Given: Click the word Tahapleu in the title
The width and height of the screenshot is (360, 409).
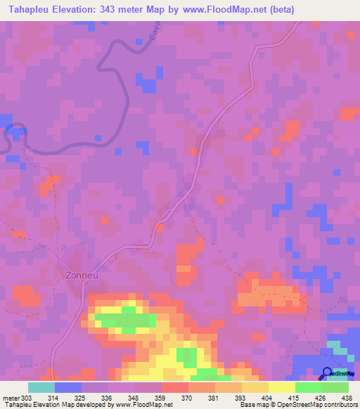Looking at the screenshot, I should pos(30,10).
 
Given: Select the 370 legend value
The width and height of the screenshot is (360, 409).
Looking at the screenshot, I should pos(188,398).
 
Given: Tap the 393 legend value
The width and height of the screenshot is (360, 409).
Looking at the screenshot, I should pos(241,398).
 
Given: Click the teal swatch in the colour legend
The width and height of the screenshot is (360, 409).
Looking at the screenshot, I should pos(41,387).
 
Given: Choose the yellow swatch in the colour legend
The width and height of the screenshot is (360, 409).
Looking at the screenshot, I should pos(282,387).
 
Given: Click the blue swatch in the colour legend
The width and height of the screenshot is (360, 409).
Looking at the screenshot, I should pos(68,387).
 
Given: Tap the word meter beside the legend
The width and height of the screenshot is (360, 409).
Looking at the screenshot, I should pos(9,398).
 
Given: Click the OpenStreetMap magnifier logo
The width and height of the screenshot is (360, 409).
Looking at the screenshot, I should pos(328,372).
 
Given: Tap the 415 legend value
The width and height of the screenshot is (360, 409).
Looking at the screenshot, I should pos(295,398).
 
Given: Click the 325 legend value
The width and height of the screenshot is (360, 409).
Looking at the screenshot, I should pos(81,398).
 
